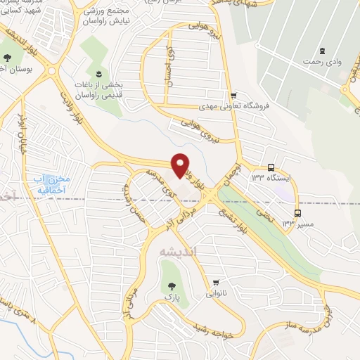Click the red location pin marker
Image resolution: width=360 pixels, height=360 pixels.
181,165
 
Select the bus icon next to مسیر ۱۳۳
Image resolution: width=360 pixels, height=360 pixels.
298,212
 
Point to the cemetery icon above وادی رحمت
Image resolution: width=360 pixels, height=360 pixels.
323,50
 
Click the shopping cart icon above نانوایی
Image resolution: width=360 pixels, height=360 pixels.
215,281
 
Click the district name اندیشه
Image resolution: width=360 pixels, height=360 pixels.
168,251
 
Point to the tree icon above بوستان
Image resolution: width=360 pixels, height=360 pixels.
8,58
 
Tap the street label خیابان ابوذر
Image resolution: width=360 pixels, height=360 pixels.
22,131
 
